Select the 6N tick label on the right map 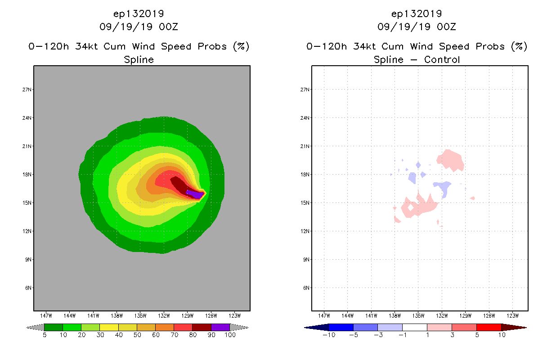pos(306,288)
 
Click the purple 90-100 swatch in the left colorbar pos(220,327)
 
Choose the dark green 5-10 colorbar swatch pos(54,327)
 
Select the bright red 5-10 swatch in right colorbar pos(489,327)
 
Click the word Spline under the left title pos(139,59)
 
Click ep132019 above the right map pos(417,13)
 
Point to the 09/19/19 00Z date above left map pos(139,27)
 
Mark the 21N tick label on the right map pos(306,146)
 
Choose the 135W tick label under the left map pos(140,315)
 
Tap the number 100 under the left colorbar pos(230,335)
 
